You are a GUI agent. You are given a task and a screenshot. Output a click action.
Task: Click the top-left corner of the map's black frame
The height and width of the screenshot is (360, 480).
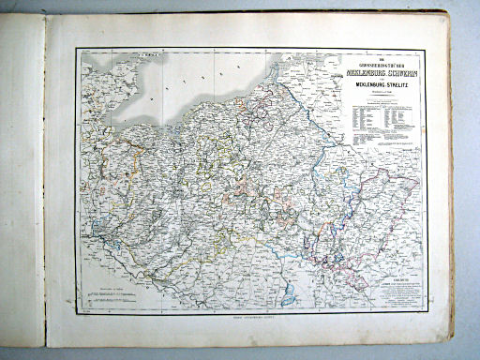point(78,48)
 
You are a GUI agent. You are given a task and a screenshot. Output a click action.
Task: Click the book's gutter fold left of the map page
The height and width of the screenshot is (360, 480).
point(47,187)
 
